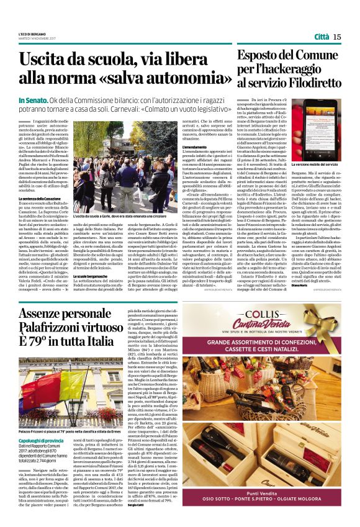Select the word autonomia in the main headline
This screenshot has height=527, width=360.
coord(173,79)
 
